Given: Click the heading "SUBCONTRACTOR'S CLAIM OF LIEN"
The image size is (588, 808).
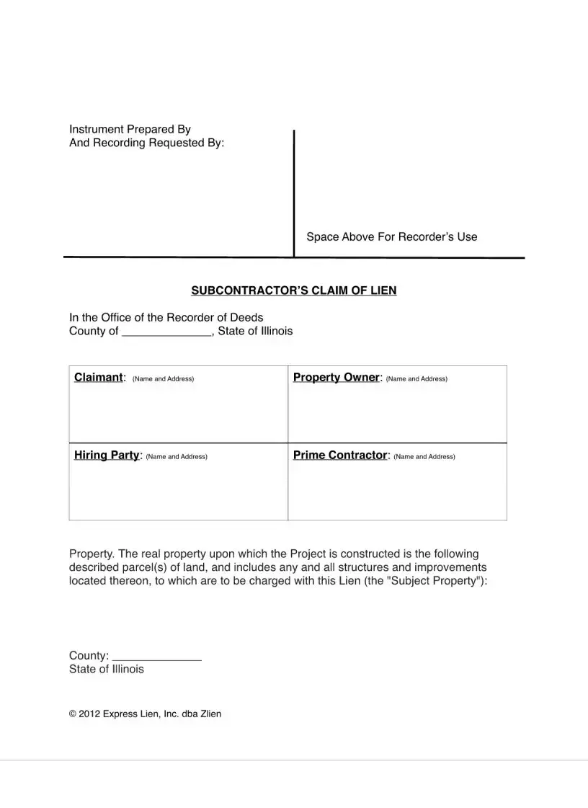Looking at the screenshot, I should (293, 290).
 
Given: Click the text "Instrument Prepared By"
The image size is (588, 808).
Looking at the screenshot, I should (130, 129).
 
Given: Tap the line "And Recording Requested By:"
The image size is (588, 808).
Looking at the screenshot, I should (146, 143).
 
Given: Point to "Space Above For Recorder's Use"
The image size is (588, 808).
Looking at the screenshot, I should (391, 236).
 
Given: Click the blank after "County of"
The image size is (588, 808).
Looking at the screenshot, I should (166, 332).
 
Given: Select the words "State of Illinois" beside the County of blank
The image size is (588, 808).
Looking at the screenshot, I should (255, 332).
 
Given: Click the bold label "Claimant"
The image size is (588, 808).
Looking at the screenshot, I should (99, 378).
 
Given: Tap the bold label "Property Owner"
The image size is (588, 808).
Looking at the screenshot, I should (336, 378).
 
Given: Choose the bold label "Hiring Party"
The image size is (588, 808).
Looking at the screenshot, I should (107, 456).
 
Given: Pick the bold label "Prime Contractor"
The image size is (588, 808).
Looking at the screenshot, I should (340, 456).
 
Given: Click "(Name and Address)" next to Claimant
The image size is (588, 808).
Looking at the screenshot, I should (163, 379).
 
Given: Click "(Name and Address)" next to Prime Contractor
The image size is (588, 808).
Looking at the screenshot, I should (424, 456).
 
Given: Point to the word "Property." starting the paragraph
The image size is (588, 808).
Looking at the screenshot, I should (91, 554).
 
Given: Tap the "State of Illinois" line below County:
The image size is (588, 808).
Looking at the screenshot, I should (106, 669).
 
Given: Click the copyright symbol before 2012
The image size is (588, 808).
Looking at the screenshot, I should (72, 714).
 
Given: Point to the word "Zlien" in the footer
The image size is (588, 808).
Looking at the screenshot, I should (210, 714).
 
